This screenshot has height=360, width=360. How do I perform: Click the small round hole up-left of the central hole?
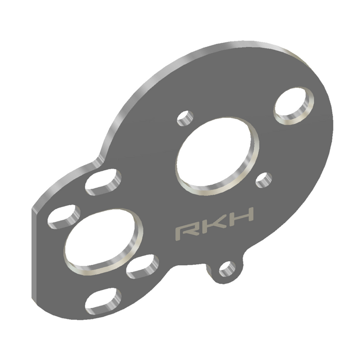[184, 118]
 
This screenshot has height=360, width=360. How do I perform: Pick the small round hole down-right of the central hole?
[263, 179]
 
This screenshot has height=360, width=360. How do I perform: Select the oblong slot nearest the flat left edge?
[64, 216]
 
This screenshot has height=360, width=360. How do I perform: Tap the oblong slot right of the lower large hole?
[142, 267]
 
